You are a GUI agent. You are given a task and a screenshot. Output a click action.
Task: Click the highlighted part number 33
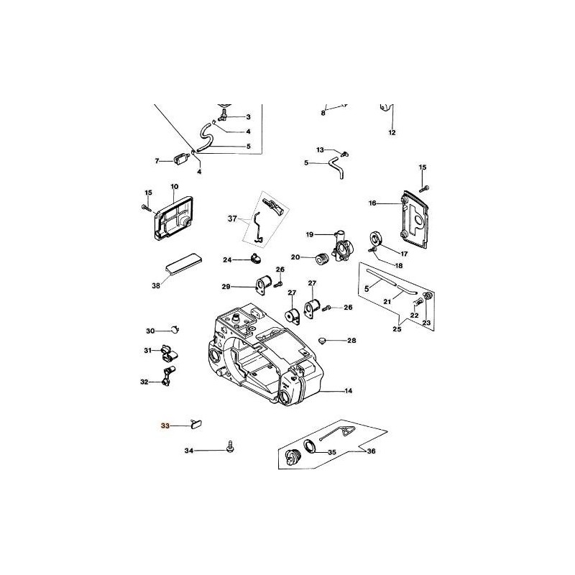pos(165,425)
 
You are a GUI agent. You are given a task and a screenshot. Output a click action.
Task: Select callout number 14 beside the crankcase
pos(349,391)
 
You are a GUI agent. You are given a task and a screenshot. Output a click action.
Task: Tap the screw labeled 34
pos(231,446)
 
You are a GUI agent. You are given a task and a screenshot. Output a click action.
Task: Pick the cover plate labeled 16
pos(415,219)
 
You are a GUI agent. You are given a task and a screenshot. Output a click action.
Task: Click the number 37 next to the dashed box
pos(232,219)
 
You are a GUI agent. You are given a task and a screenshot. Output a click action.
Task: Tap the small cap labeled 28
pos(322,341)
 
